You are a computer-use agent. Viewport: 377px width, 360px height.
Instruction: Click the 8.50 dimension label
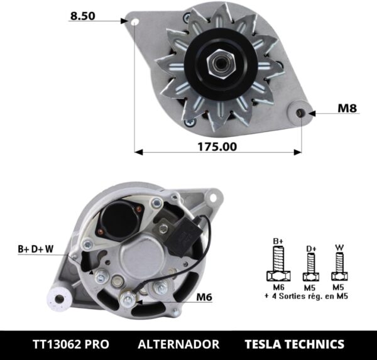pyautogui.click(x=82, y=17)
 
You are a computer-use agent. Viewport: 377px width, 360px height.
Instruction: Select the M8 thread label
pyautogui.click(x=347, y=108)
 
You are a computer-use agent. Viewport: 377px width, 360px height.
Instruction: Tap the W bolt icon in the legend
pyautogui.click(x=339, y=266)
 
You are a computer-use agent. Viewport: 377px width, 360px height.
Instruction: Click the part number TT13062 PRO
pyautogui.click(x=70, y=344)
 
